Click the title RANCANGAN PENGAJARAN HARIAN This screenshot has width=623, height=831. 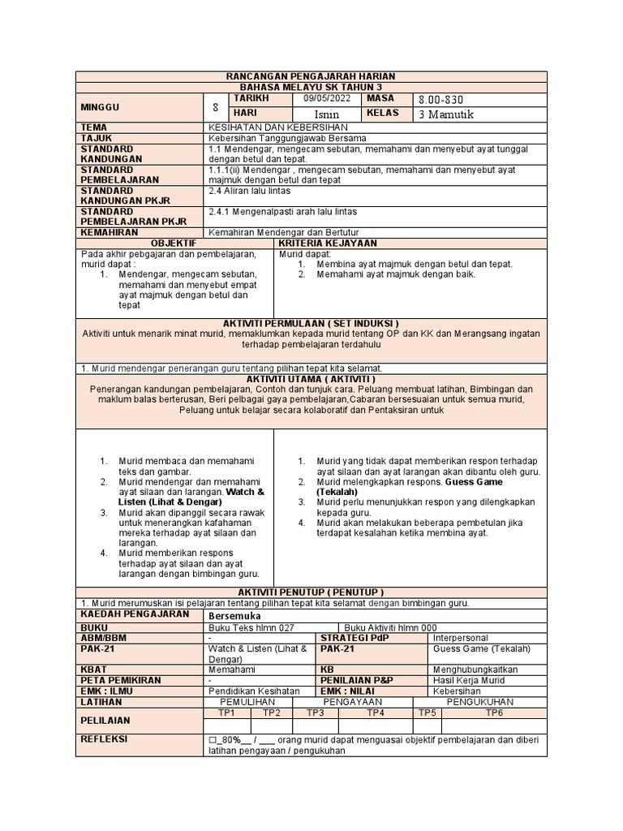[x=311, y=76]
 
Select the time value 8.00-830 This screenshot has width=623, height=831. [x=440, y=100]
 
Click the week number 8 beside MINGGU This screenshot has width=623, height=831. [x=215, y=106]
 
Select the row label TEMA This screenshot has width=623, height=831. [x=93, y=127]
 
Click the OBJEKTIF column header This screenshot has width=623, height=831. [x=174, y=243]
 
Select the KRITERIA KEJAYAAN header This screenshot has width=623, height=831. [x=328, y=243]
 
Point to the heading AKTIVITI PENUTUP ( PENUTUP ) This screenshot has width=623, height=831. [x=311, y=592]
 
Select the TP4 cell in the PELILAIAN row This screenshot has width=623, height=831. [x=376, y=713]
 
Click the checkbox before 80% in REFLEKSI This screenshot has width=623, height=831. [x=213, y=740]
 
